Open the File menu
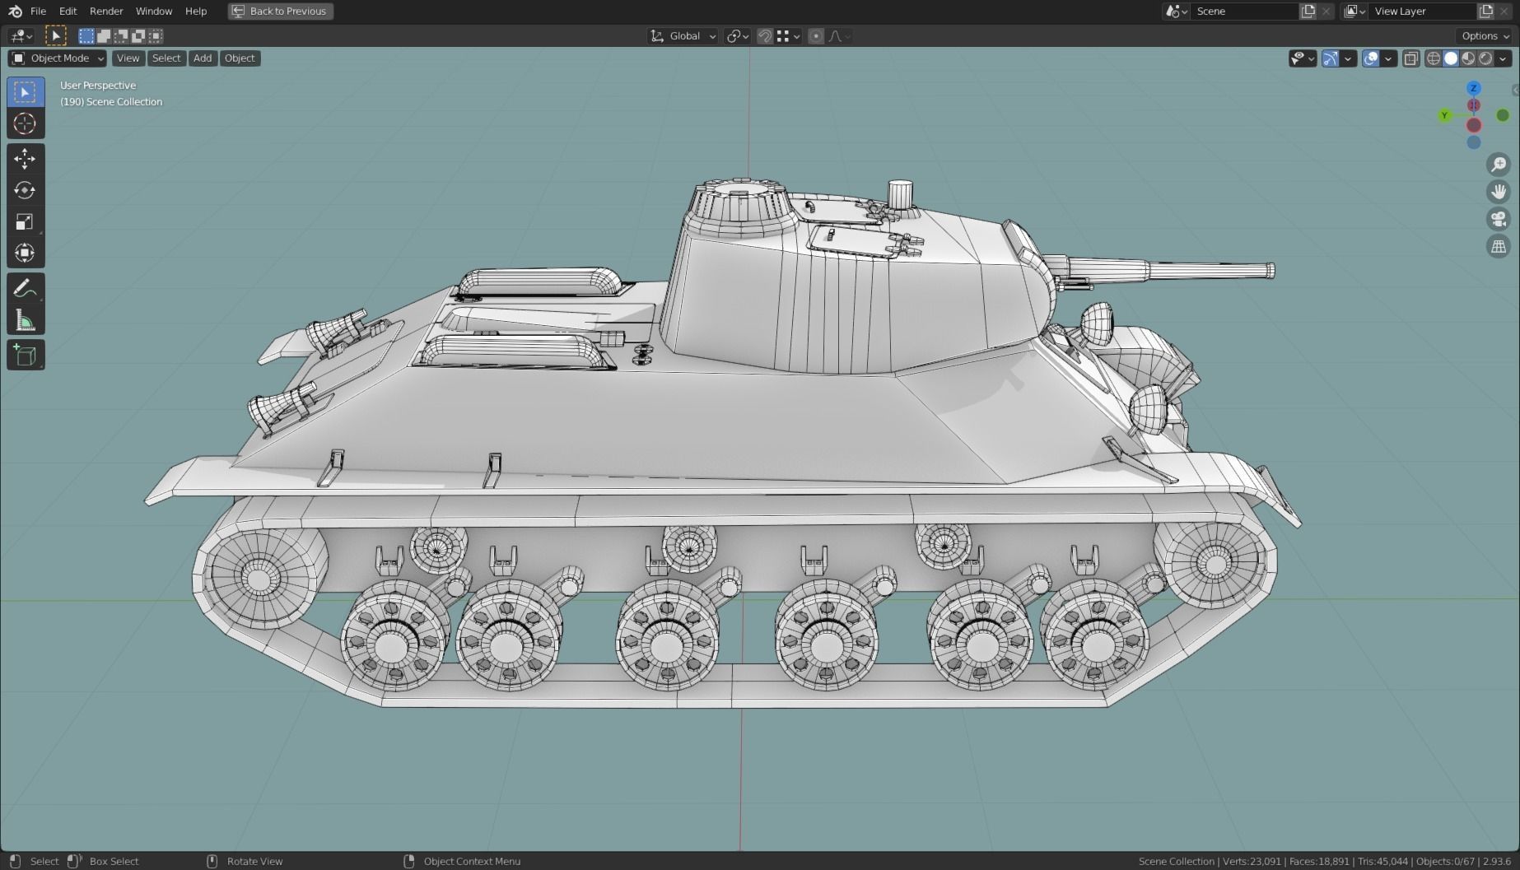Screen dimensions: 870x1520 (38, 11)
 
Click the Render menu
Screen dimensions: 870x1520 (106, 11)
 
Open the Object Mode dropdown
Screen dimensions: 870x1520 (58, 58)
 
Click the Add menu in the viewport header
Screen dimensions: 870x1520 (202, 58)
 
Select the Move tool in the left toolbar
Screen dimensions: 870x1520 (25, 158)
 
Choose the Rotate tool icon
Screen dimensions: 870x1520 (25, 190)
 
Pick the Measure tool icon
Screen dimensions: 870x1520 (25, 320)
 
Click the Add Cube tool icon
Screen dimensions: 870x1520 (25, 356)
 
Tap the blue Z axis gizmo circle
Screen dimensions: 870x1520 (1474, 88)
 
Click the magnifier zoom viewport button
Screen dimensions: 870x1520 (1499, 165)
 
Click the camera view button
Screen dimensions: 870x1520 (1499, 219)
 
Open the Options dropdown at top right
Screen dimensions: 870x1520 (1485, 35)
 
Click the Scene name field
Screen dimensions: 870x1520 (1243, 11)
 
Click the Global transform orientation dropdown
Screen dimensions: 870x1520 (683, 35)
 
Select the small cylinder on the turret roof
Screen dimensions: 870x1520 (900, 195)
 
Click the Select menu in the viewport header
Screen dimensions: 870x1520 (166, 58)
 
